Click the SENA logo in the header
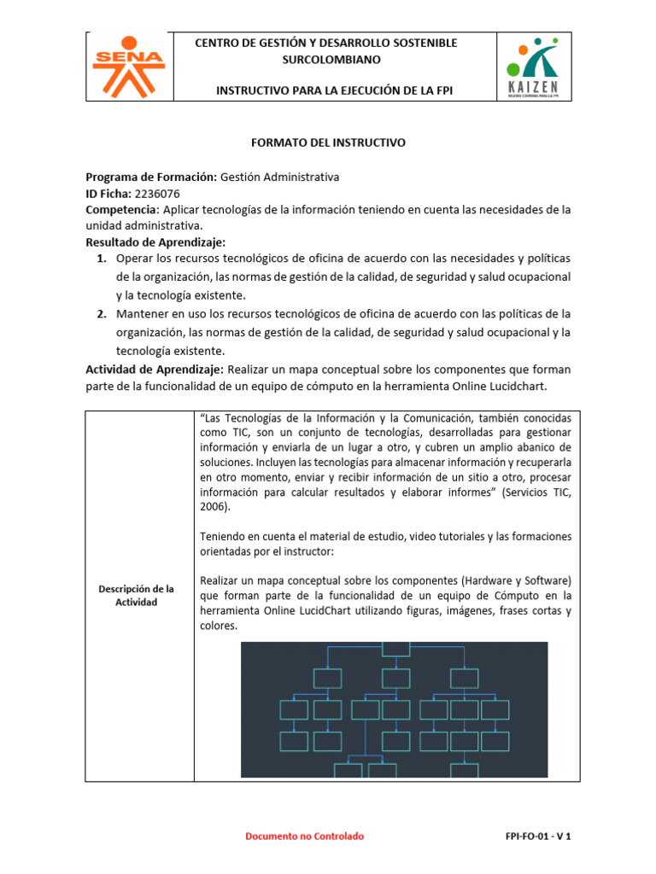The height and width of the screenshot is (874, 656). [127, 65]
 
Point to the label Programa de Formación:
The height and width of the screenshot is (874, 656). [151, 178]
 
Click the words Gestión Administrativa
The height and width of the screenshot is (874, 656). [279, 178]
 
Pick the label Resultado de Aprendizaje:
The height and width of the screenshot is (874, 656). [155, 242]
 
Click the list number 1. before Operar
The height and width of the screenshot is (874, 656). [102, 259]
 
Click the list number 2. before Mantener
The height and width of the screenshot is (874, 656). [102, 313]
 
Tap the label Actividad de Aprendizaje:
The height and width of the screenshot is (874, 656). [155, 370]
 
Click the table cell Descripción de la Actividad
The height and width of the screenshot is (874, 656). [137, 596]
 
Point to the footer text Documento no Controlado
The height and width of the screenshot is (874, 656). [304, 836]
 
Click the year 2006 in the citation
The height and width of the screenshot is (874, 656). [216, 506]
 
